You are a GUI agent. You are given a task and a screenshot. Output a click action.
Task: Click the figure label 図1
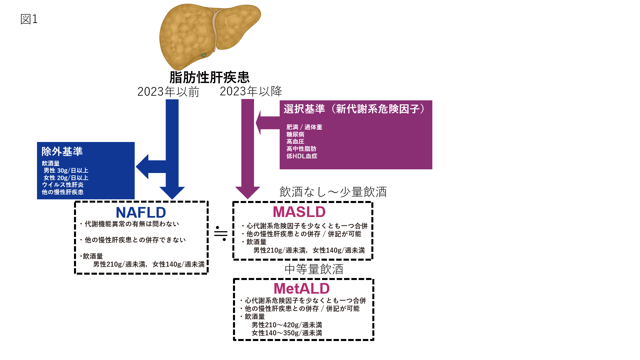pos(29,19)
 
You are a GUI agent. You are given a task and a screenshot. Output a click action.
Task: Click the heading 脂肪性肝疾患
pos(209,77)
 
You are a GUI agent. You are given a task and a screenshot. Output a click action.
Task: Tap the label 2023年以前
pos(168,92)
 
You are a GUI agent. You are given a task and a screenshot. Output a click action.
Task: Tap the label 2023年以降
pos(251,91)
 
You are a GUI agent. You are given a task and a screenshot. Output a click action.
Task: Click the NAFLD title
pos(141,212)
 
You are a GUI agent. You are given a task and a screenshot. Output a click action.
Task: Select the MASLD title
pos(299,212)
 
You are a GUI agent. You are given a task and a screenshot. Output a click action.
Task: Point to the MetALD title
pos(301,288)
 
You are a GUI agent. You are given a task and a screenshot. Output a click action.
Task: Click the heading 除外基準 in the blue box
pos(62,152)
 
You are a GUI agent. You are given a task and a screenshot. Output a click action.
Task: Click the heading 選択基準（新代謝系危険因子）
pos(355,109)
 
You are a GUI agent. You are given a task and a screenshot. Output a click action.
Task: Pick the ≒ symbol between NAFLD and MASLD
pos(221,233)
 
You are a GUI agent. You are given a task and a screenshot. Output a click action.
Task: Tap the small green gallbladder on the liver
pos(203,55)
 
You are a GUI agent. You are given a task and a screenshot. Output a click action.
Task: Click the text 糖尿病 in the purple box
pos(295,134)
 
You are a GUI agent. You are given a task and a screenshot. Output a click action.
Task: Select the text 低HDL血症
pos(302,156)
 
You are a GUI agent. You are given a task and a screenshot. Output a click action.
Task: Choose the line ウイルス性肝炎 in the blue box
pos(63,185)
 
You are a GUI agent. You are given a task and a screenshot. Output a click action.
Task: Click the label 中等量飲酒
pos(314,269)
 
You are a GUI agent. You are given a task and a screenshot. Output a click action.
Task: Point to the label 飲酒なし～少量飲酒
pos(333,192)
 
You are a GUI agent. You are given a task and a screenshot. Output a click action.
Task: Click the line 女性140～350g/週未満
pos(287,333)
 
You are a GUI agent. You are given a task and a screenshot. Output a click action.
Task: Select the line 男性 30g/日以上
pos(66,170)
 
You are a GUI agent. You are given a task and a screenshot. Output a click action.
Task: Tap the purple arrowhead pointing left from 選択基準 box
pos(259,123)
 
